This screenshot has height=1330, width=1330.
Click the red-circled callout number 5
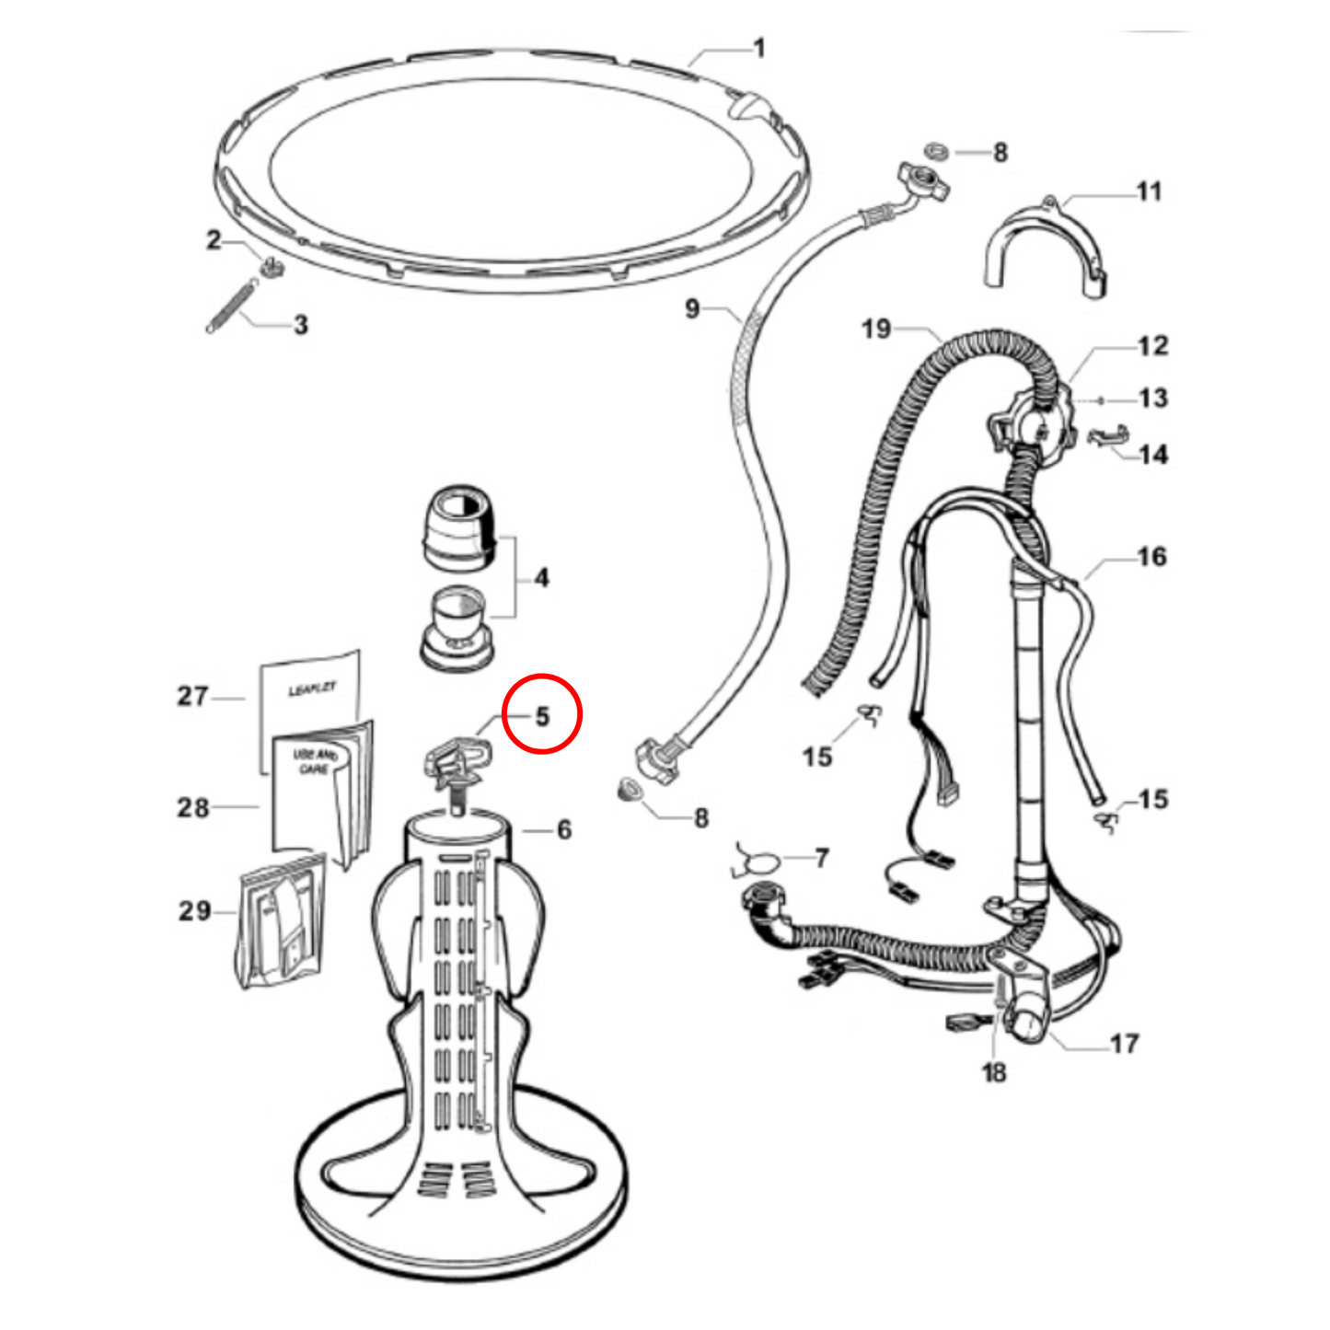(x=542, y=716)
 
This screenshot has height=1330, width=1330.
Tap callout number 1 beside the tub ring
(x=759, y=49)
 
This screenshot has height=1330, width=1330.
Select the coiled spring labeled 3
(x=233, y=305)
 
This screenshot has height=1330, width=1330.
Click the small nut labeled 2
(x=272, y=266)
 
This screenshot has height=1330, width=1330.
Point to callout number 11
(x=1150, y=191)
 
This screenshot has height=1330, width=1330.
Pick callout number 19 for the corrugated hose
(x=876, y=330)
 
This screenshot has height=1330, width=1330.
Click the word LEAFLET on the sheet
(x=312, y=688)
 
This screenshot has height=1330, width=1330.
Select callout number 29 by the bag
(x=194, y=911)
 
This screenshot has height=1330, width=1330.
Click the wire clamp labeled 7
(x=755, y=862)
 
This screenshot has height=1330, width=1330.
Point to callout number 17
(x=1125, y=1044)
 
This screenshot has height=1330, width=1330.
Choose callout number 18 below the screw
(x=995, y=1072)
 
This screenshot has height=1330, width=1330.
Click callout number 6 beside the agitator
(x=564, y=829)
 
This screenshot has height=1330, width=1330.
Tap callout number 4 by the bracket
(x=542, y=578)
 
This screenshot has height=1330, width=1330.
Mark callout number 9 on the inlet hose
(x=692, y=308)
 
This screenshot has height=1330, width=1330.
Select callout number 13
(x=1153, y=399)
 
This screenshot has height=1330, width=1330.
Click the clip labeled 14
(x=1108, y=436)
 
